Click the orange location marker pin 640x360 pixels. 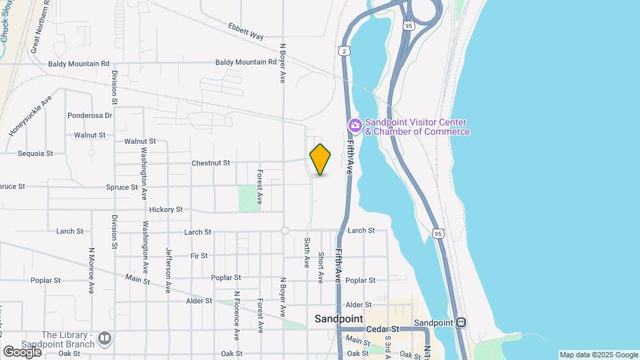click(x=320, y=159)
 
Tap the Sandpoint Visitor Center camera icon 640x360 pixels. click(x=355, y=125)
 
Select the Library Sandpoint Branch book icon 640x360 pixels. click(x=104, y=339)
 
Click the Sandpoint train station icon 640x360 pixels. click(x=461, y=323)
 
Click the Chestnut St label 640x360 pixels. click(x=210, y=163)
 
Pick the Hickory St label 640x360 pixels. click(x=165, y=209)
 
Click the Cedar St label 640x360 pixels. click(x=385, y=329)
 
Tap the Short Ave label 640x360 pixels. click(x=321, y=267)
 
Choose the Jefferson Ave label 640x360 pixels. click(x=168, y=270)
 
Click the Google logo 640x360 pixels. click(x=22, y=351)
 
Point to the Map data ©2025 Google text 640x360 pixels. click(x=599, y=355)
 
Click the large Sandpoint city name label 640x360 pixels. click(x=339, y=319)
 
